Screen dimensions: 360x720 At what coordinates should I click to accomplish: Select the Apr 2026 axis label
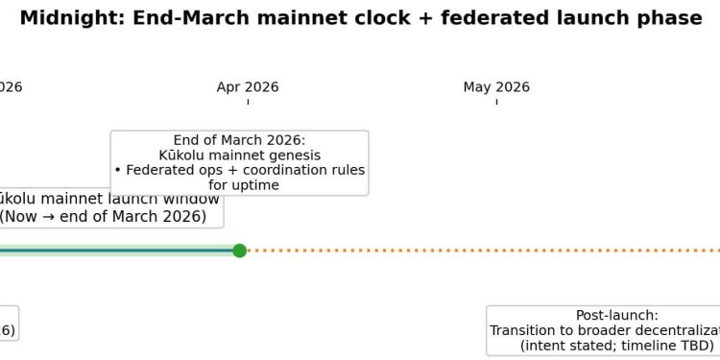click(x=248, y=87)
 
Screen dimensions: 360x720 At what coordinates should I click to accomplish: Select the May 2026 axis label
click(x=496, y=87)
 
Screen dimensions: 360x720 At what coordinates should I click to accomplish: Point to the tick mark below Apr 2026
click(x=248, y=101)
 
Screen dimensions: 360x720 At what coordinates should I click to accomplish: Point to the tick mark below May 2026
click(x=496, y=101)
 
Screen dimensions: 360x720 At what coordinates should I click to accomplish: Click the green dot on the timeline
click(x=240, y=251)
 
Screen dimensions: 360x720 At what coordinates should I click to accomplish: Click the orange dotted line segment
click(x=480, y=251)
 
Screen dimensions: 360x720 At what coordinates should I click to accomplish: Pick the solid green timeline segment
click(x=115, y=251)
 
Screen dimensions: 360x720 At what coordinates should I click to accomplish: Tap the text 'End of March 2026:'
click(x=239, y=140)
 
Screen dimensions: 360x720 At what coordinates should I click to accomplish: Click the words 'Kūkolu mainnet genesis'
click(x=239, y=155)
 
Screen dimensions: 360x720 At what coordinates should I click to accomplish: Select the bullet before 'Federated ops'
click(x=117, y=170)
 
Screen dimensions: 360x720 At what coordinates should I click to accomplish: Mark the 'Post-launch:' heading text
click(x=616, y=315)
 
